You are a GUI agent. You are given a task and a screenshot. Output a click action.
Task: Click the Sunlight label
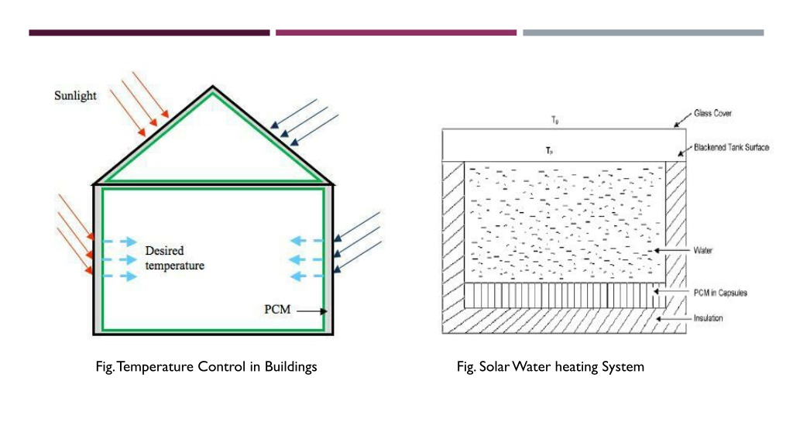(x=75, y=95)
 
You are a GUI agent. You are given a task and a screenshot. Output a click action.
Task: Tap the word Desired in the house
(x=164, y=251)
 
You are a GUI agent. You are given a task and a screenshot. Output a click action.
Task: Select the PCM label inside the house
(x=277, y=310)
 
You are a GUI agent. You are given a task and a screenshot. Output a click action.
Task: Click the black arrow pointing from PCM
(x=311, y=311)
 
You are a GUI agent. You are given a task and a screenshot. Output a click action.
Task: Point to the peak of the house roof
(x=212, y=87)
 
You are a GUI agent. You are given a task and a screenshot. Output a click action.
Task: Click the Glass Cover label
(x=712, y=113)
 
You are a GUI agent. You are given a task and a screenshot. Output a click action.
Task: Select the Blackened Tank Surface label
(x=731, y=148)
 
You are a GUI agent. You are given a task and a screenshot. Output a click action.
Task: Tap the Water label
(x=703, y=250)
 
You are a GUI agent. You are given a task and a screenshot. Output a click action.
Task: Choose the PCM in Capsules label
(x=720, y=293)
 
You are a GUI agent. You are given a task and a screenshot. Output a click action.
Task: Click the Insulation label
(x=708, y=318)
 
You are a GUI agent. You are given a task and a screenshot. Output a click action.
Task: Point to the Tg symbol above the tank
(x=554, y=120)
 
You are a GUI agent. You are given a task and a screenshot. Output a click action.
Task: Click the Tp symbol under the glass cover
(x=549, y=151)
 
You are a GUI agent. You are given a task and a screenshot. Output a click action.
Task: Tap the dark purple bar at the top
(x=149, y=33)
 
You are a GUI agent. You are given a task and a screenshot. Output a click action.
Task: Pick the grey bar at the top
(x=644, y=33)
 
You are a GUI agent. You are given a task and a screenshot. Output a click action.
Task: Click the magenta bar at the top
(x=396, y=33)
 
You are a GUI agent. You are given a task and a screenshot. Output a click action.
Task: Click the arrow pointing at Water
(x=672, y=250)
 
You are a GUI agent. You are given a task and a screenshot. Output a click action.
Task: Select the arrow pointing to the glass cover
(x=682, y=120)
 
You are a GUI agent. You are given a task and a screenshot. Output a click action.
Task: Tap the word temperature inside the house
(x=174, y=266)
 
